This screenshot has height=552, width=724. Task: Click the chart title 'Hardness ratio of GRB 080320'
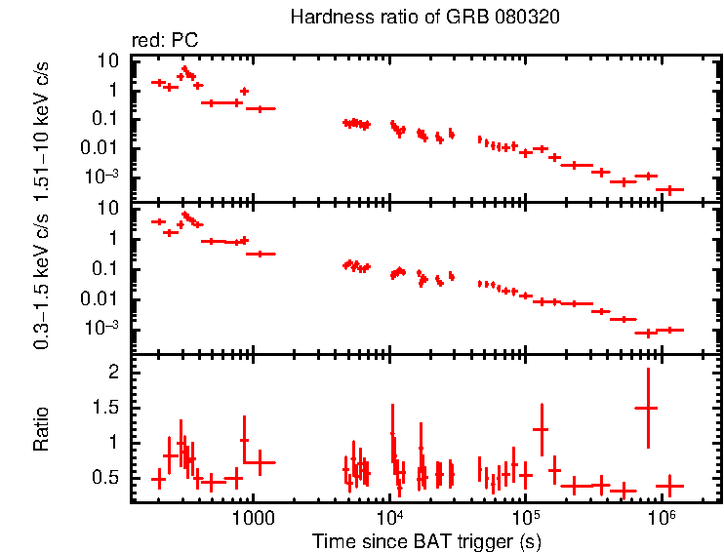(x=425, y=19)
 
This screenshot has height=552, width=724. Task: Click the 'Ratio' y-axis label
(x=42, y=429)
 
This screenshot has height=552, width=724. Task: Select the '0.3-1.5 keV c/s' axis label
(x=42, y=283)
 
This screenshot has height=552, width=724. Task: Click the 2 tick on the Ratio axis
(x=113, y=373)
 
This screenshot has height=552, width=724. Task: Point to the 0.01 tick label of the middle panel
(x=101, y=298)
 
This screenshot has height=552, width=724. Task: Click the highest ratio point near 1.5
(x=647, y=408)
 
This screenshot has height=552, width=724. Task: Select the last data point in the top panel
(x=669, y=189)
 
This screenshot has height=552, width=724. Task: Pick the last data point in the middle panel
(x=669, y=330)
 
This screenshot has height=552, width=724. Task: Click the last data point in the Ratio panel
(x=669, y=485)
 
